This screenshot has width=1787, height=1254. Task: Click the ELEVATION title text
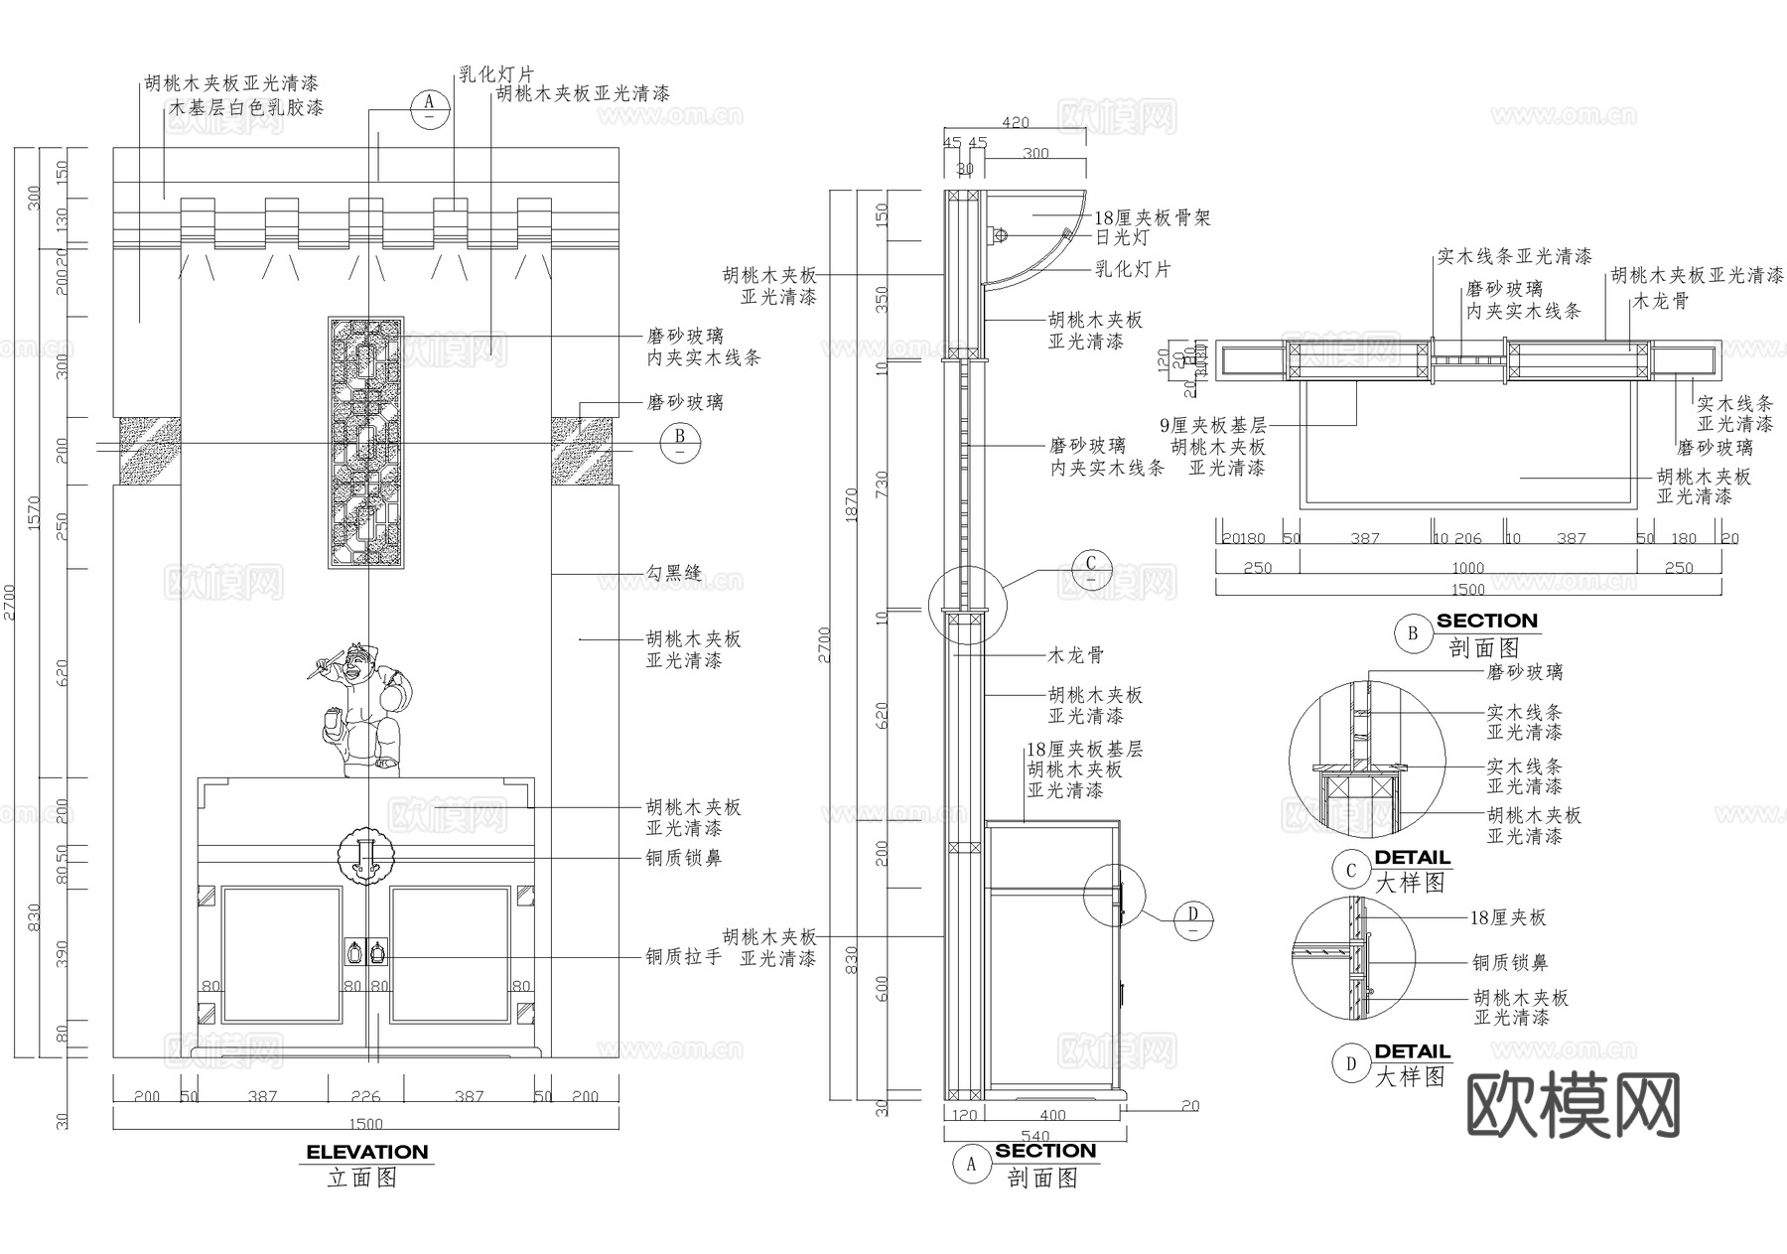click(x=366, y=1152)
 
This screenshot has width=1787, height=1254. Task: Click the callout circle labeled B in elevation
click(x=680, y=442)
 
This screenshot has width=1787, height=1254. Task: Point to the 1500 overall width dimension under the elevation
click(x=366, y=1124)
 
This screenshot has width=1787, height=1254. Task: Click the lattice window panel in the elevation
click(x=366, y=443)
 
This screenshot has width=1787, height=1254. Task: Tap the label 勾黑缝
click(x=674, y=573)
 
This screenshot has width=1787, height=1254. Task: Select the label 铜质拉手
click(x=683, y=957)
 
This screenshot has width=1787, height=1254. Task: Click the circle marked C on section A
click(x=1091, y=570)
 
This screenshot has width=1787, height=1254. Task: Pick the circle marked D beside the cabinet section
click(x=1193, y=919)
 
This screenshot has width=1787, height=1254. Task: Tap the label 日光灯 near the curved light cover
click(x=1122, y=238)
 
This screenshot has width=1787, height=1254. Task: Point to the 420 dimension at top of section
click(x=1015, y=123)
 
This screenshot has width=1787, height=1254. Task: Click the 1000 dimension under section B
click(x=1467, y=568)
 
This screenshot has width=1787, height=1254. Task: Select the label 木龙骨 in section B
click(x=1661, y=300)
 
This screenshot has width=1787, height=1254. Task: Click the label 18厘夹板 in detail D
click(x=1508, y=918)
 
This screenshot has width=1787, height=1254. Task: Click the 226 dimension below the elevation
click(x=366, y=1096)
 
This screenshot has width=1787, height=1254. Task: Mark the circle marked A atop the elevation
click(x=430, y=107)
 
